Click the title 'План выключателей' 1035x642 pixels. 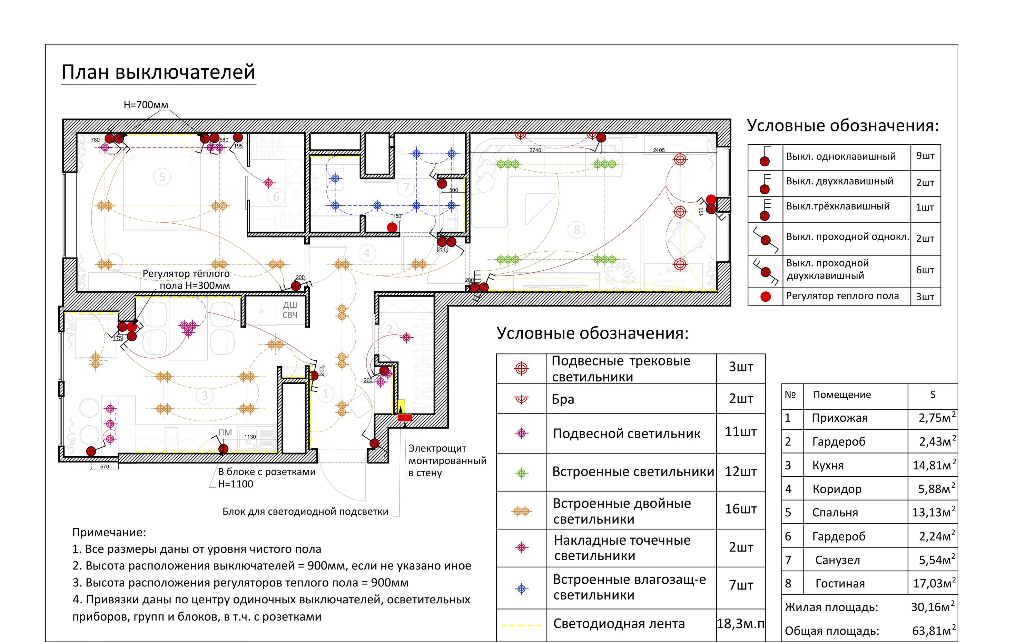[x=158, y=72]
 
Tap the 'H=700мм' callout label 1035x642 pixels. [x=146, y=105]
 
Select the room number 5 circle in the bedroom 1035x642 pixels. [x=162, y=177]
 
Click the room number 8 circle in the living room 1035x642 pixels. [x=576, y=230]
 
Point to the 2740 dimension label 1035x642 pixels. [x=535, y=150]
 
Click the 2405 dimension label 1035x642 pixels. [x=658, y=150]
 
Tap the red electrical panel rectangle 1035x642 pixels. [x=404, y=418]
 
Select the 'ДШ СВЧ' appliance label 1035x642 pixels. [x=290, y=310]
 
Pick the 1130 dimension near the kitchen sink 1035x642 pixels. [x=250, y=437]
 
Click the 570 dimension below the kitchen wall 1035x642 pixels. [x=105, y=467]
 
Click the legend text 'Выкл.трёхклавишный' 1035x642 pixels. [x=837, y=206]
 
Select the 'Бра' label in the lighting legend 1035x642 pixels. [x=563, y=399]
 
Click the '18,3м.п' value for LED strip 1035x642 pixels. [x=740, y=624]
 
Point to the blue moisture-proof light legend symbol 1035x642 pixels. [x=522, y=589]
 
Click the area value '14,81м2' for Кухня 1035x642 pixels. [x=934, y=465]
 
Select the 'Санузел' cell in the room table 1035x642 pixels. [x=837, y=560]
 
